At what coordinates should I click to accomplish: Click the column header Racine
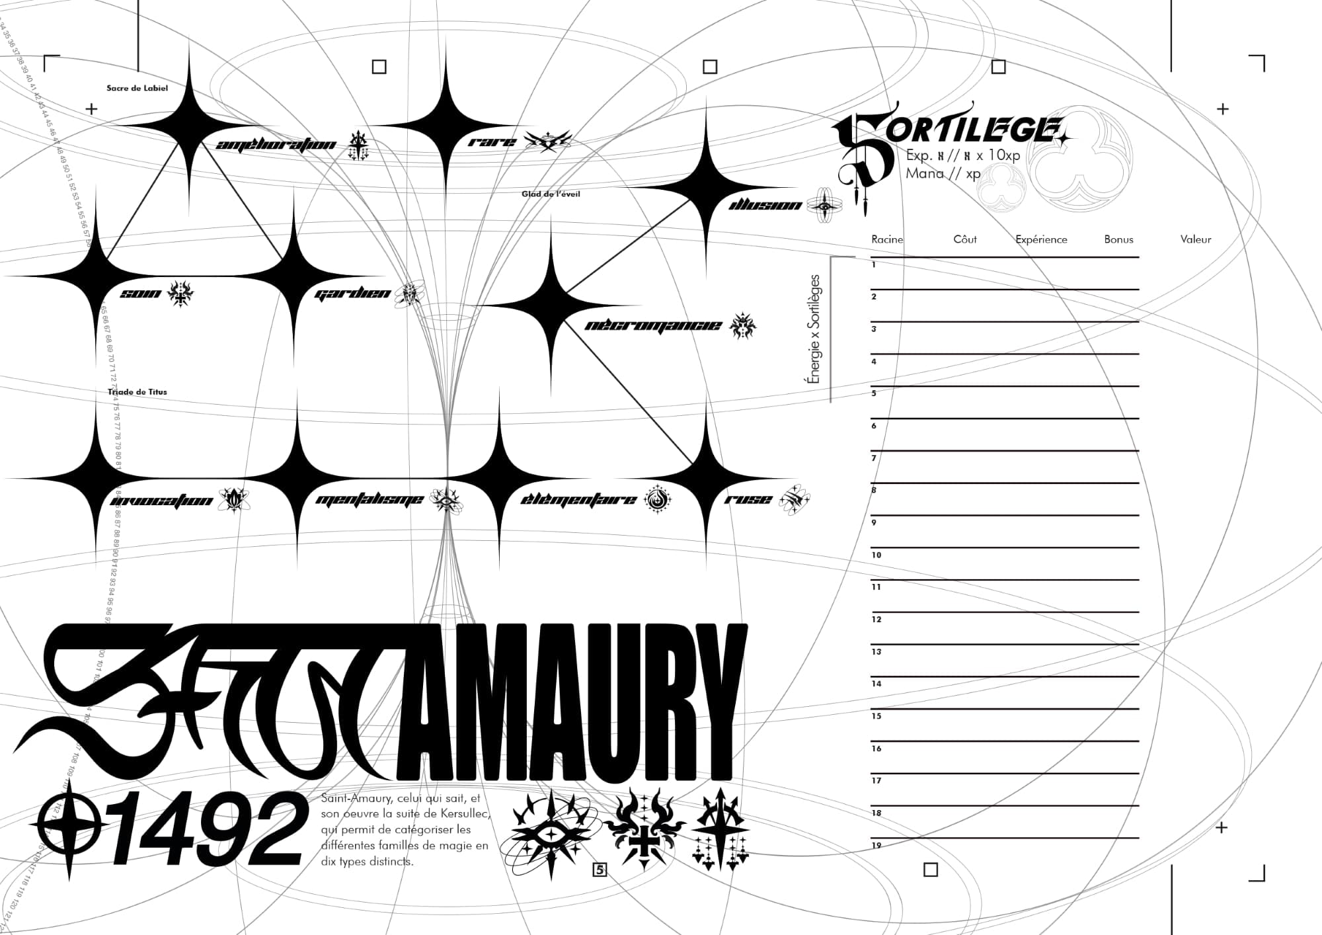click(886, 239)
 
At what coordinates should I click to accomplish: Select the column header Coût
click(964, 239)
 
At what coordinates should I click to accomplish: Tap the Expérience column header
click(1041, 239)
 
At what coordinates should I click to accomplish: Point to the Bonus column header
click(1118, 239)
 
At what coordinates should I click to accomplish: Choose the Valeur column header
click(1195, 239)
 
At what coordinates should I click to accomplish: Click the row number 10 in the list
click(876, 555)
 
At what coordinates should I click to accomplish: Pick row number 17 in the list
click(876, 781)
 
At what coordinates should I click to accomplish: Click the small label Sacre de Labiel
click(137, 88)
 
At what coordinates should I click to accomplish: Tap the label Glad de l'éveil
click(551, 194)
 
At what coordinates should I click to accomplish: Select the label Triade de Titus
click(137, 392)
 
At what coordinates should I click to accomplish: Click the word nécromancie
click(652, 325)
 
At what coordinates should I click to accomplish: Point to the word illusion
click(765, 205)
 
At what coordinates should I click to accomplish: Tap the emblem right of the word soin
click(180, 293)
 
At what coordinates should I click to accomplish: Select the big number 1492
click(206, 829)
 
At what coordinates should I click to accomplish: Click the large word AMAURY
click(572, 701)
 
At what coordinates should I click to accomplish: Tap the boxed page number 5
click(600, 870)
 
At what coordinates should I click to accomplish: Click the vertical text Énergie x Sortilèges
click(815, 329)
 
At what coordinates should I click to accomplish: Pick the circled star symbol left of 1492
click(69, 828)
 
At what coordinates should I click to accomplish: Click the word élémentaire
click(578, 499)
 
